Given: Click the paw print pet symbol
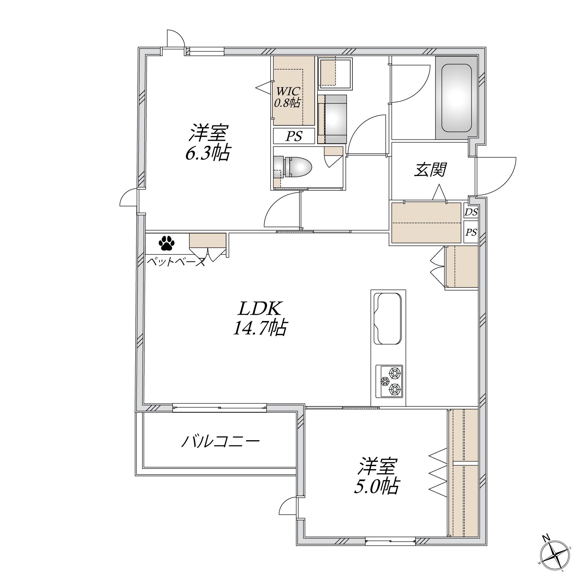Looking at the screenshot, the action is coord(167,243).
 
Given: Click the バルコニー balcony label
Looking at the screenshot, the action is coord(220,442).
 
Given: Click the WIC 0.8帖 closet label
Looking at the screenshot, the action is coord(287,97).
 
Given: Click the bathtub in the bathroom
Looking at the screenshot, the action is coord(457,98).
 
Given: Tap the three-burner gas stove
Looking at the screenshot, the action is coord(390,381).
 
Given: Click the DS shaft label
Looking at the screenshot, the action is coord(471,212).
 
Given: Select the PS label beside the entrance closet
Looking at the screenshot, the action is coord(471,232).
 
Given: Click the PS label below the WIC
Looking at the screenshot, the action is coord(294,136).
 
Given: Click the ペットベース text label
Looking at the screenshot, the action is coord(176,262).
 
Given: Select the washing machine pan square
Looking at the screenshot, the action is coord(336,73).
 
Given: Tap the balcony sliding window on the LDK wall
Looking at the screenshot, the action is coord(220,408).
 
